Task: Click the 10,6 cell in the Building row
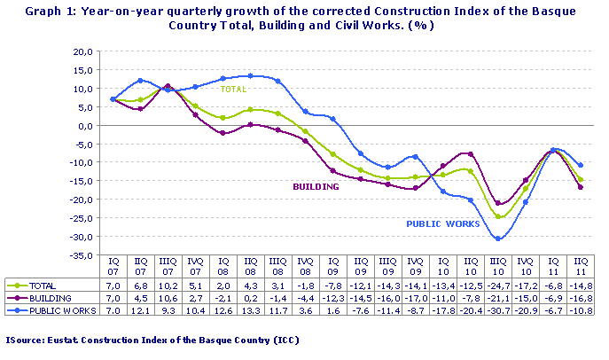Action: click(x=168, y=299)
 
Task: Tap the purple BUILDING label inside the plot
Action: click(x=316, y=186)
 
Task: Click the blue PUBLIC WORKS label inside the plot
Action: click(x=443, y=224)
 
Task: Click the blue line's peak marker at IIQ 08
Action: click(x=251, y=76)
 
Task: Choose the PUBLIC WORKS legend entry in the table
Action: click(x=53, y=310)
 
